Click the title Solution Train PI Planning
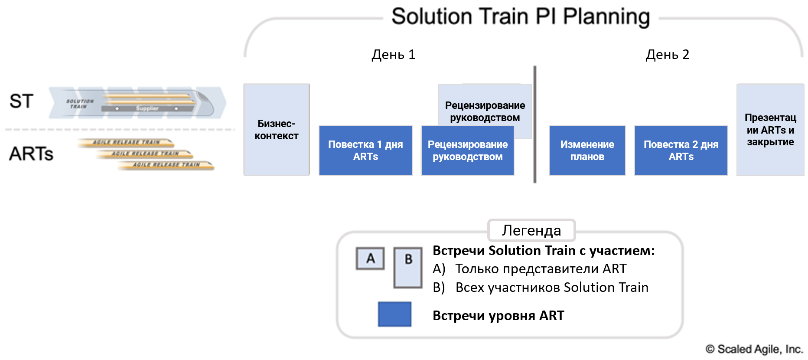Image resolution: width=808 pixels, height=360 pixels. [x=521, y=17]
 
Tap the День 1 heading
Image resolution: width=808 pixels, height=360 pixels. [x=393, y=55]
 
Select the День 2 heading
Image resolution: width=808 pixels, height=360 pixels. [x=667, y=55]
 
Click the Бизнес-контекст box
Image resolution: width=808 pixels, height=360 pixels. [x=277, y=130]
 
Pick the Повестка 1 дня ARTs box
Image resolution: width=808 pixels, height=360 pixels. [x=365, y=151]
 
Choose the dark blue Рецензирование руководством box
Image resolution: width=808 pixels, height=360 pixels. [x=467, y=151]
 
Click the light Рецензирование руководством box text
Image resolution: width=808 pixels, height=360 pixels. [x=485, y=111]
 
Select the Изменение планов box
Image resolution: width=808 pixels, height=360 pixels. [x=587, y=151]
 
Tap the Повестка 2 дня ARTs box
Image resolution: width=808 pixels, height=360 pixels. [x=681, y=151]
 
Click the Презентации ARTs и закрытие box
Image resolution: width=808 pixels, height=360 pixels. [x=770, y=130]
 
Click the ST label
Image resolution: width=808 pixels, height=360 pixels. [x=21, y=101]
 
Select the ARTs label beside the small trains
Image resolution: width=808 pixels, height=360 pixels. [x=31, y=154]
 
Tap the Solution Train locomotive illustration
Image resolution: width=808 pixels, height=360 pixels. [x=139, y=103]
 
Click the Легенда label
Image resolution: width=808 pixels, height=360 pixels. [x=531, y=230]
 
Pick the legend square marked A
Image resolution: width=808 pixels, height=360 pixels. [x=370, y=259]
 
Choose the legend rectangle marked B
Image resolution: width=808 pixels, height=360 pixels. [x=408, y=268]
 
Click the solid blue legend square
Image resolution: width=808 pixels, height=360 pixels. [x=394, y=314]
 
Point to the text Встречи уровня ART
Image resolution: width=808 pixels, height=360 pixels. [x=498, y=315]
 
